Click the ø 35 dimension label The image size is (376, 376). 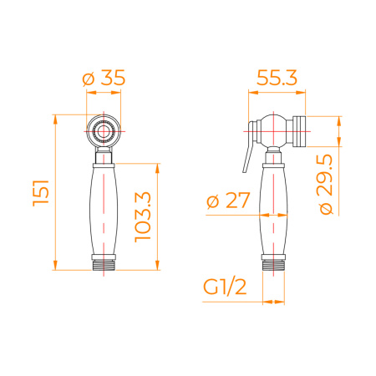pos(104,78)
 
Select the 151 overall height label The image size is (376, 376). pos(41,193)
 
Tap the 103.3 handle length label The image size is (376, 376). pos(143,217)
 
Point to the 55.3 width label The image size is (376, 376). pos(277,78)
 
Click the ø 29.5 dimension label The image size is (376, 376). pos(326,185)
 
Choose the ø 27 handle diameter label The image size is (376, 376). pos(228,201)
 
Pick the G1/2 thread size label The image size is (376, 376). pos(225,287)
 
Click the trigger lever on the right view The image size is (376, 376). pos(250,147)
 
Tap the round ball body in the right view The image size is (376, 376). pos(274,131)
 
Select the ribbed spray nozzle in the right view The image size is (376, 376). pos(299,131)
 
